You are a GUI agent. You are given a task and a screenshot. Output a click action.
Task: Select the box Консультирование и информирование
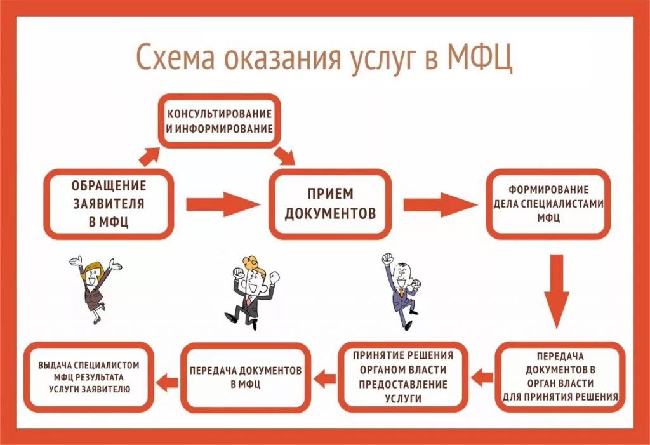220,121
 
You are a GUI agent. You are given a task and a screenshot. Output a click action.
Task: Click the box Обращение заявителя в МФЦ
108,204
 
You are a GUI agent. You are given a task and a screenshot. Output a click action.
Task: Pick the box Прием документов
330,204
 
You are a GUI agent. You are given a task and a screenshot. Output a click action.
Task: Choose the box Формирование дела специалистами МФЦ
548,203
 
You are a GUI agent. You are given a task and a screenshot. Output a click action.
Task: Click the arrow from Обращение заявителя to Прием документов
222,204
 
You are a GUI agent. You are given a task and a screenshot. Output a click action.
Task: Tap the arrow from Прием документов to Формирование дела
440,204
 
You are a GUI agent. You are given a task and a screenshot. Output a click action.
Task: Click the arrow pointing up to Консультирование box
150,154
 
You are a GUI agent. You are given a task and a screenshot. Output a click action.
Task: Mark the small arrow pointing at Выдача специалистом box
168,382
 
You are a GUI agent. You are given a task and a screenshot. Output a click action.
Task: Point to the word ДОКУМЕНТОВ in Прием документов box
330,213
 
